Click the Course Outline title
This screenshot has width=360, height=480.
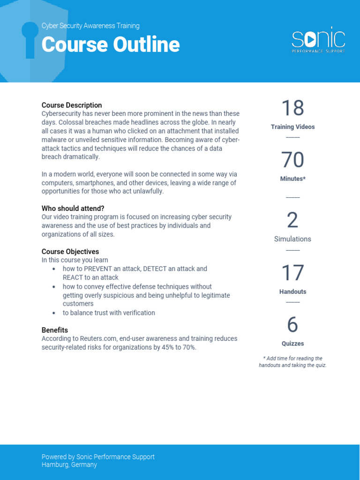point(111,45)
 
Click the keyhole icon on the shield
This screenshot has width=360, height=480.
point(30,39)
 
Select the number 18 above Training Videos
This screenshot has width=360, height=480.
point(292,108)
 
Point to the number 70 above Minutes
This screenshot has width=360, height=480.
point(292,160)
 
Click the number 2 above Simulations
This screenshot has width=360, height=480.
point(292,221)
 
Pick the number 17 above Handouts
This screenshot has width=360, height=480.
point(292,273)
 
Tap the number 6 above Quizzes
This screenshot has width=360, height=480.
point(292,325)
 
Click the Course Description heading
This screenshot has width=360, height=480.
point(72,105)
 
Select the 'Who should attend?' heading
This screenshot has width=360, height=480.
point(73,208)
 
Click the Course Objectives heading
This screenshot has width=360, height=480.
point(70,251)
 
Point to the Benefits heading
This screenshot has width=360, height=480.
point(55,330)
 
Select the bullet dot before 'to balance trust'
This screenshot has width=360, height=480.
point(54,313)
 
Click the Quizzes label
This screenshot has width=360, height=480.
point(292,344)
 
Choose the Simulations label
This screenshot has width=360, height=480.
point(292,239)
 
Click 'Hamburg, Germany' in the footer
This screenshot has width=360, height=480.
point(69,465)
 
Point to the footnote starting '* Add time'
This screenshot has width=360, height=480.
point(292,362)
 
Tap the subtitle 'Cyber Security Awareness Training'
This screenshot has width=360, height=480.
point(90,26)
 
